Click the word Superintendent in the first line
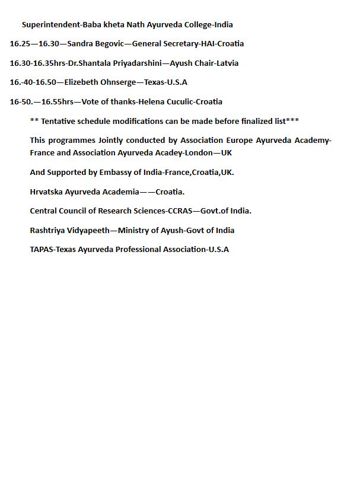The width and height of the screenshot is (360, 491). (51, 25)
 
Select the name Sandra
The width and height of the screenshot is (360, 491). (81, 44)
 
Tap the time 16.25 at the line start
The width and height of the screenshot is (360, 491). (21, 44)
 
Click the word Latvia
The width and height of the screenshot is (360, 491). (227, 63)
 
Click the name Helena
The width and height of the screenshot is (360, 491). (152, 101)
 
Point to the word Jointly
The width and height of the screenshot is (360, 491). (114, 141)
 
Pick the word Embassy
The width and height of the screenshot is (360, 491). (103, 173)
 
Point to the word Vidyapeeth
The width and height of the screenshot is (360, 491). (94, 231)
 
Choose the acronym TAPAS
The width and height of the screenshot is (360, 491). (42, 250)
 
